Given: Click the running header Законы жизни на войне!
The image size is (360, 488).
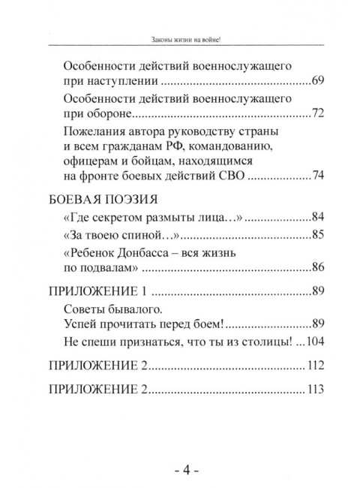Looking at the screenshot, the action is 180,39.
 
